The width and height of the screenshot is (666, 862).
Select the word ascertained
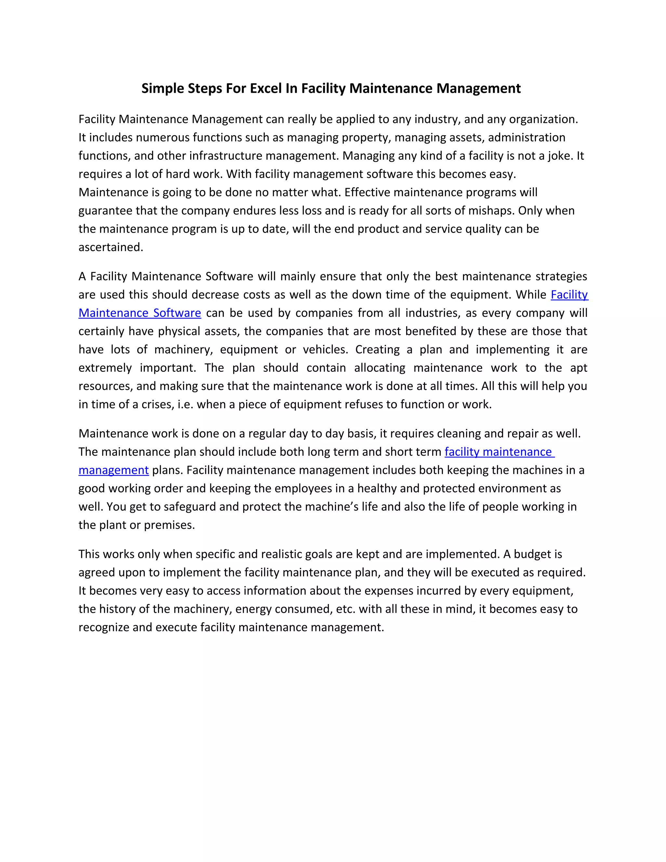[x=111, y=247]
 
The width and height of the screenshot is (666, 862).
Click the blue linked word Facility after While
[x=569, y=295]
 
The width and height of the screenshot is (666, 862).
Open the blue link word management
[x=113, y=470]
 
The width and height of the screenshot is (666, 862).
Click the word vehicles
[x=325, y=350]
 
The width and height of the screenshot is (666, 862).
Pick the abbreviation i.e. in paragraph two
[x=185, y=405]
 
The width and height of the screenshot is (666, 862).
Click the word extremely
[x=105, y=368]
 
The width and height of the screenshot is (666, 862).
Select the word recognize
[x=104, y=627]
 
